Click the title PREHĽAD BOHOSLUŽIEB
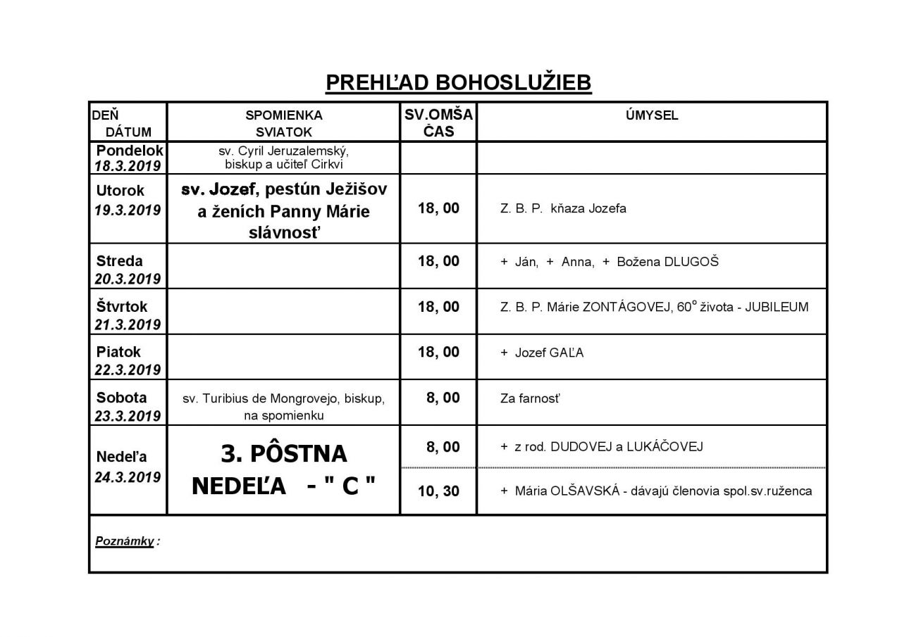458,83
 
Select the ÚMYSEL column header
652,115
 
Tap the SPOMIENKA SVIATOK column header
283,123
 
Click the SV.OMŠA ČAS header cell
438,122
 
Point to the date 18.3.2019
128,166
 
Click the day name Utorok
121,190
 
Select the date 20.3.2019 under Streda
128,279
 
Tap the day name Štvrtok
121,307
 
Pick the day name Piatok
119,352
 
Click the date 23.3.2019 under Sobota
128,415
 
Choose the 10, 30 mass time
438,491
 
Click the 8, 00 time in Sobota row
443,398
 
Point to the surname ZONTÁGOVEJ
617,308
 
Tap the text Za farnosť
529,399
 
